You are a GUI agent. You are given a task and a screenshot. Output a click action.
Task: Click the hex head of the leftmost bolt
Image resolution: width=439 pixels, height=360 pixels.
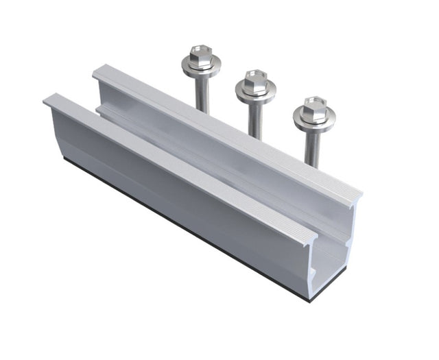[201, 54]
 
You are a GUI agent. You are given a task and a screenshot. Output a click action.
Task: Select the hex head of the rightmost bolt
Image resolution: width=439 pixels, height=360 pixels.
[314, 107]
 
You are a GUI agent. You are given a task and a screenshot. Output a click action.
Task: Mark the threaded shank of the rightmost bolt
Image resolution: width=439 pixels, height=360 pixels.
[312, 147]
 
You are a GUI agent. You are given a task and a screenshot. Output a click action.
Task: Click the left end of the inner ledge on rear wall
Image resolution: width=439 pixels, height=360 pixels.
[100, 108]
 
